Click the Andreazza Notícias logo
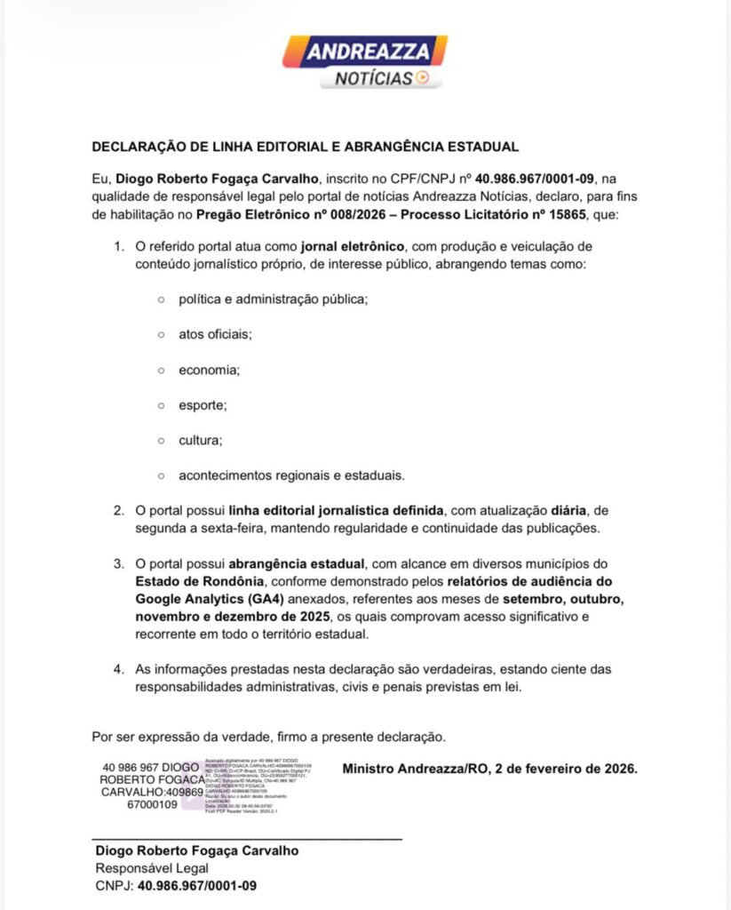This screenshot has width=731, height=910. coord(365,61)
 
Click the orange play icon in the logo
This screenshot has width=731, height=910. coord(423,78)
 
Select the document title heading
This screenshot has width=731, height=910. coord(305,147)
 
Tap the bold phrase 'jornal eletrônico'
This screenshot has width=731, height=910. coord(354,246)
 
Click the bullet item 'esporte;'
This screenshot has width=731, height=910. coord(203,405)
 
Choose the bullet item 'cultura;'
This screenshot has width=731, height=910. coord(200,440)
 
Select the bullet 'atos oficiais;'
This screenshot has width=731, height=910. coord(215,334)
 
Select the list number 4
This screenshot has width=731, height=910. coord(117,668)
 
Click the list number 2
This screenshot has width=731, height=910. coord(117,511)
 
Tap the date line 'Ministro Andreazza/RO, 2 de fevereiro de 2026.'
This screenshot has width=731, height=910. coord(489,768)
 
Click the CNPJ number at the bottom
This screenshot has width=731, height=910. coord(197,885)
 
